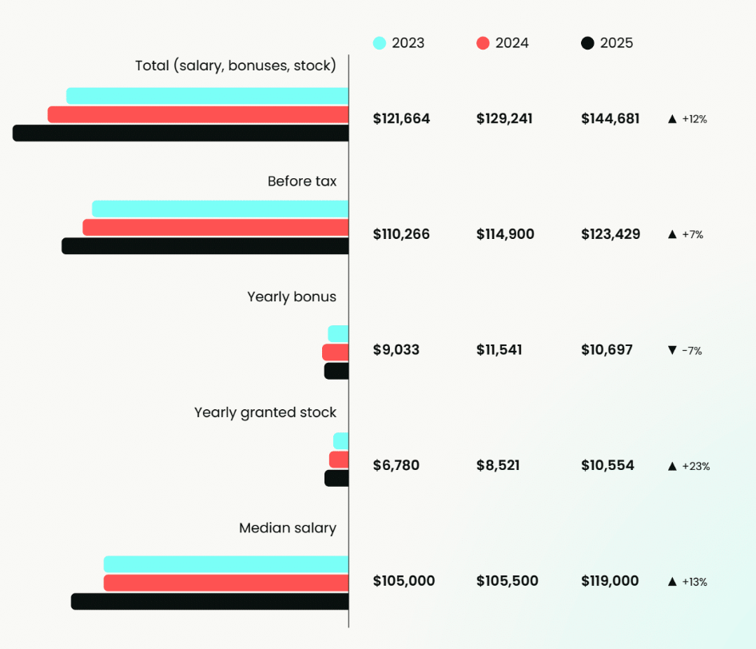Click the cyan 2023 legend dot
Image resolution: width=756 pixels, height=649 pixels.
(x=380, y=43)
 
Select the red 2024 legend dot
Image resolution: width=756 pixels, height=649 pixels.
(x=483, y=43)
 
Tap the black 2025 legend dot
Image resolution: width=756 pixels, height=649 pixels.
(x=587, y=43)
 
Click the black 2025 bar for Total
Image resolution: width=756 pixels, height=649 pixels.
(x=181, y=133)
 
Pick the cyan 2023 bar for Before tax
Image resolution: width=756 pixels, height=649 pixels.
(x=221, y=209)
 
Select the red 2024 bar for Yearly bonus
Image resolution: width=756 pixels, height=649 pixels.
(x=336, y=352)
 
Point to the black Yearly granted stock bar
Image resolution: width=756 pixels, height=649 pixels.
(x=336, y=478)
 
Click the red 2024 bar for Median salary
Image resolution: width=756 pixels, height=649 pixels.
(x=226, y=583)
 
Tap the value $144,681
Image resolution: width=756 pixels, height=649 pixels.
(x=610, y=119)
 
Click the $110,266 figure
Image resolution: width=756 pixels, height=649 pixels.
(x=401, y=234)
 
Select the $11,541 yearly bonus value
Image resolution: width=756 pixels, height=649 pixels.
(x=499, y=350)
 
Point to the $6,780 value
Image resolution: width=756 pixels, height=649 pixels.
(x=396, y=465)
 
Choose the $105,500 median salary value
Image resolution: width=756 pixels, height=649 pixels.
(x=507, y=581)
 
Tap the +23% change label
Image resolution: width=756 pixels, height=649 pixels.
(x=695, y=466)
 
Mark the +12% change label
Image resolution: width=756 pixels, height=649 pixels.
(x=694, y=119)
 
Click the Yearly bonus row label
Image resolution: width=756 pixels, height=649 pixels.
(x=292, y=297)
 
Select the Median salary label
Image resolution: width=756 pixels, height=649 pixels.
(x=288, y=528)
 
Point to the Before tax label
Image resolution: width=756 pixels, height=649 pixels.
(x=302, y=181)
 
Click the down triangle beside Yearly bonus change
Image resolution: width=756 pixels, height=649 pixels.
(x=672, y=350)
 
